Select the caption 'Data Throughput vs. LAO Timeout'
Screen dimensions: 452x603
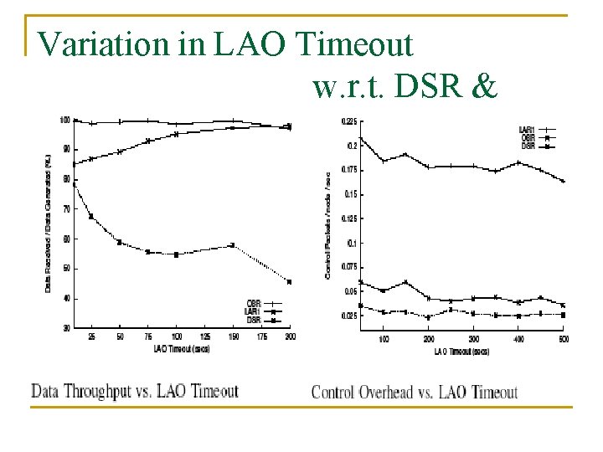[x=135, y=391]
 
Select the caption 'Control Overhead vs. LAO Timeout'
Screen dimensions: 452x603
[x=415, y=392]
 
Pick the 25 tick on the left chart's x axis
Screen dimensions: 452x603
[x=91, y=337]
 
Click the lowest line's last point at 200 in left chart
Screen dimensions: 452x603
[x=289, y=281]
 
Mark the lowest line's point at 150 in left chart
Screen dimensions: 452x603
[x=233, y=245]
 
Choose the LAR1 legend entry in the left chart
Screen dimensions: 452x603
[x=254, y=311]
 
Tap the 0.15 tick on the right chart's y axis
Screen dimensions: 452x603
[x=349, y=194]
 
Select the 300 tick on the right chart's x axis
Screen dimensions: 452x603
[x=473, y=340]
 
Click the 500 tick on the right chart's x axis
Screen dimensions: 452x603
[x=563, y=340]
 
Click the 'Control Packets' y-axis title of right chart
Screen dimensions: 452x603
[x=327, y=222]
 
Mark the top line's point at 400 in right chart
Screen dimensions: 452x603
[x=518, y=162]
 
